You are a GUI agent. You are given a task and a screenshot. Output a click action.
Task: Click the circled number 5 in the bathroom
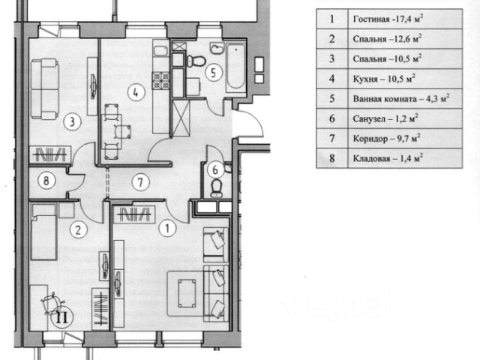pyautogui.click(x=213, y=72)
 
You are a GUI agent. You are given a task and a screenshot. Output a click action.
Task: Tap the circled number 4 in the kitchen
pyautogui.click(x=136, y=91)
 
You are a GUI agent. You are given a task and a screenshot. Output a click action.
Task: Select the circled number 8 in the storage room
pyautogui.click(x=46, y=180)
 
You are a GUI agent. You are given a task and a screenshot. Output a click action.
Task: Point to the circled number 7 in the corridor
pyautogui.click(x=140, y=182)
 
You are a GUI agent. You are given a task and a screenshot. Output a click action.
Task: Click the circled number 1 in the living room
pyautogui.click(x=167, y=228)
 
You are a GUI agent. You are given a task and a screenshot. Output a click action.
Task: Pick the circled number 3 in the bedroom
pyautogui.click(x=72, y=121)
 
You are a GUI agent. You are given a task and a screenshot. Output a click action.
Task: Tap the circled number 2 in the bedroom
pyautogui.click(x=78, y=229)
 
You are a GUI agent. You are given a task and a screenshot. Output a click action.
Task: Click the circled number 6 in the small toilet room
pyautogui.click(x=215, y=169)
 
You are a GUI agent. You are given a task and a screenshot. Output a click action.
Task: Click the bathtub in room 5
pyautogui.click(x=235, y=67)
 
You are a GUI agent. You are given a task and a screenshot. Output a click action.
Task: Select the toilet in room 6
pyautogui.click(x=217, y=187)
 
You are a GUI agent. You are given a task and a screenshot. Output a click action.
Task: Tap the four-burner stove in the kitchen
pyautogui.click(x=161, y=80)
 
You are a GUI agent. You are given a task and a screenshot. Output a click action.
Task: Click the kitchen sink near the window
pyautogui.click(x=161, y=51)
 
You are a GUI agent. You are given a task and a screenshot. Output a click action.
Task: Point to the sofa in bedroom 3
pyautogui.click(x=45, y=89)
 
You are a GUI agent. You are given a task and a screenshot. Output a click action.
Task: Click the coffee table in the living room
pyautogui.click(x=187, y=293)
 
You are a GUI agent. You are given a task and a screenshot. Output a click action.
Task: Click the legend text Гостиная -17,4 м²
pyautogui.click(x=388, y=19)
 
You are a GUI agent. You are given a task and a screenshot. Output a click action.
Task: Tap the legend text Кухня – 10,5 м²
pyautogui.click(x=384, y=79)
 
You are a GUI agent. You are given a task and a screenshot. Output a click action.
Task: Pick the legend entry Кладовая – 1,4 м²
pyautogui.click(x=388, y=158)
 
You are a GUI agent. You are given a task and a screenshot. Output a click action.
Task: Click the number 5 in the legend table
pyautogui.click(x=332, y=98)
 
